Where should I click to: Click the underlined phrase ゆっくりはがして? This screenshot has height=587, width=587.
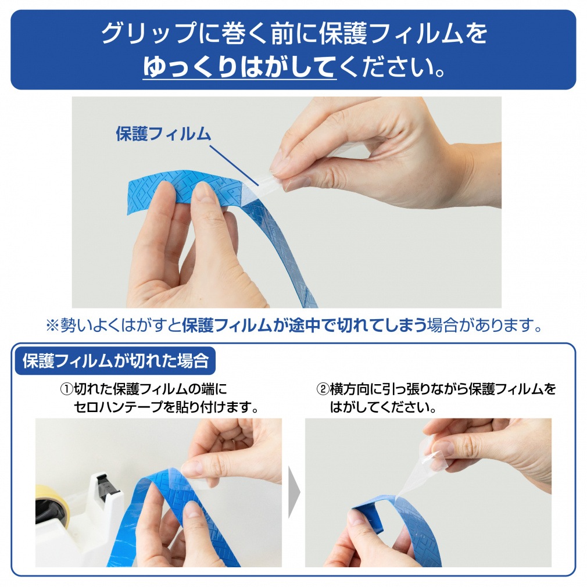coord(239,67)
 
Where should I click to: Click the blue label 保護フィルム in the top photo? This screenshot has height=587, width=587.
coord(163,134)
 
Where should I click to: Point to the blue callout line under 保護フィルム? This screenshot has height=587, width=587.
coord(234,166)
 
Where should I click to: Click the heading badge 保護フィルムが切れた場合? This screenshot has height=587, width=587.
coord(115,361)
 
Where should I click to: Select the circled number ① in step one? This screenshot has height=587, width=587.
coord(66,389)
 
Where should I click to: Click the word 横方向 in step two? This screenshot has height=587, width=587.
coord(349,389)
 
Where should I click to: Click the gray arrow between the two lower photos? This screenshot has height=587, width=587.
coord(294,492)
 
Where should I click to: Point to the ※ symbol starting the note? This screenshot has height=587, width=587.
coord(52,325)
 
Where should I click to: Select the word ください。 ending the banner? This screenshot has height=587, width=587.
coord(393,67)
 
